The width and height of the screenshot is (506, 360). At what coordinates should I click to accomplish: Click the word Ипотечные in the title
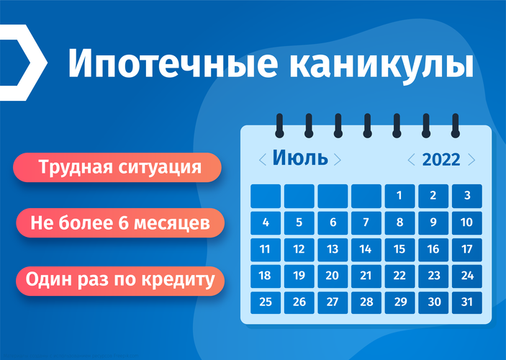(x=173, y=63)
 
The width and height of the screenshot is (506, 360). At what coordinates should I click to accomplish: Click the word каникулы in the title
(x=381, y=65)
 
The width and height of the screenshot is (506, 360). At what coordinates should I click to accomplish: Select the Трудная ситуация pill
(x=117, y=167)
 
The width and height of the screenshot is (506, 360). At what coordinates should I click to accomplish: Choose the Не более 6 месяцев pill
(x=120, y=222)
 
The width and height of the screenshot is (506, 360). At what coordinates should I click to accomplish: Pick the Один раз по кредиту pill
(x=120, y=279)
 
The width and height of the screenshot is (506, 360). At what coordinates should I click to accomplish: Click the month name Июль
(x=300, y=158)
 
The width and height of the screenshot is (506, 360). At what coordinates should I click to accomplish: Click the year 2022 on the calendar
(x=441, y=160)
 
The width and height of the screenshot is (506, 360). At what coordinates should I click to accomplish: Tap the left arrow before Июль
(x=263, y=160)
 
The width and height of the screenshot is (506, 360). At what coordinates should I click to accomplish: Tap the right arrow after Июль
(x=338, y=160)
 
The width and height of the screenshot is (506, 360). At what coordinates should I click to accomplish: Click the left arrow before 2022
(x=411, y=160)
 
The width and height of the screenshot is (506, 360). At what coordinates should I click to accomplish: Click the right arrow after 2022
(x=471, y=160)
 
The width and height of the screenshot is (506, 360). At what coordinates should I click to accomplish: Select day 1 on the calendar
(x=399, y=196)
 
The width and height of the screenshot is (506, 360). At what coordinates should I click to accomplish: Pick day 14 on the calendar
(x=366, y=250)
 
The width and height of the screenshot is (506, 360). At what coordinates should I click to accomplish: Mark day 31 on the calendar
(x=467, y=302)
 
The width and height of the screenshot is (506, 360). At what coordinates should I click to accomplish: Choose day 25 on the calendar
(x=266, y=302)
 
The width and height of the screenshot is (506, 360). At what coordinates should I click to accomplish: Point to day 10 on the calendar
(x=467, y=222)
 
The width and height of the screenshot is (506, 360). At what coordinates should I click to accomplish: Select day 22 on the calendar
(x=399, y=276)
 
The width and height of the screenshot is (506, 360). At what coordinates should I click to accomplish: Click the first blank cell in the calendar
(x=266, y=196)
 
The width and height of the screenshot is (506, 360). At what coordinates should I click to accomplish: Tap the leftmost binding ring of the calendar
(x=279, y=126)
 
